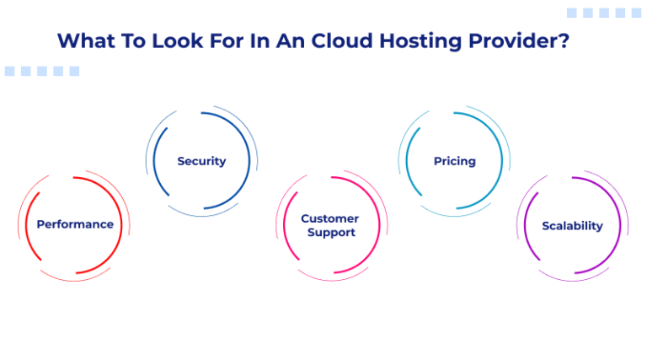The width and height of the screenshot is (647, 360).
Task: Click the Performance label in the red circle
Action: click(75, 224)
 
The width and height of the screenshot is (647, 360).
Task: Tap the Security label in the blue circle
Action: click(201, 161)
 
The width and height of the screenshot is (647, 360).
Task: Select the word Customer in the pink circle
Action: click(329, 218)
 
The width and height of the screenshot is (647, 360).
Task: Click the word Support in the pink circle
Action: click(330, 233)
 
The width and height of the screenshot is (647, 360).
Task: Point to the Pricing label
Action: click(455, 161)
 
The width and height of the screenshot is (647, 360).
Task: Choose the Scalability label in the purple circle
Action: click(572, 226)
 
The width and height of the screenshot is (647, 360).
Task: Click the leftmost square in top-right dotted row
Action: click(572, 13)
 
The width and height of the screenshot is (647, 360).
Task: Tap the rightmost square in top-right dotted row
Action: click(636, 13)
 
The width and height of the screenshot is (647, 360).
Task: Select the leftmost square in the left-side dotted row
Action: click(10, 72)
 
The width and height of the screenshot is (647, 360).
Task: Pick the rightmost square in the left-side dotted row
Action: click(74, 72)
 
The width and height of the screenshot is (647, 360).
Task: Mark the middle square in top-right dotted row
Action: click(604, 13)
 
